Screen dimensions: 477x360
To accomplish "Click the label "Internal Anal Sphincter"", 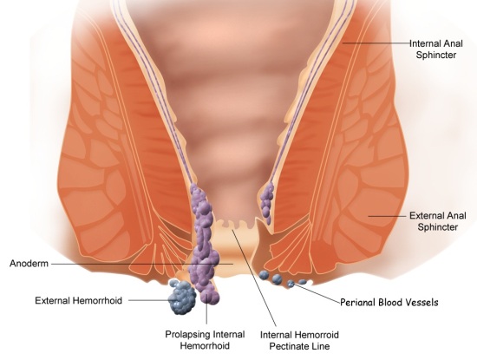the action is coord(436,49).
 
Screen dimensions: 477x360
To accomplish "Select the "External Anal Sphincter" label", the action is coord(437,221).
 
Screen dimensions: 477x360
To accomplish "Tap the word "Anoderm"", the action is coord(29,263).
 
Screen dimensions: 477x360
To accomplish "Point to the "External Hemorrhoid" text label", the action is coord(78,301).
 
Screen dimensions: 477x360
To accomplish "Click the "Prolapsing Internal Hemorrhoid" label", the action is coord(205,340).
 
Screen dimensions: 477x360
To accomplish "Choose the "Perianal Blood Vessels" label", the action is coord(389,303).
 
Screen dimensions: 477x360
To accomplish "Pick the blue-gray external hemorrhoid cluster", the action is coord(182,298).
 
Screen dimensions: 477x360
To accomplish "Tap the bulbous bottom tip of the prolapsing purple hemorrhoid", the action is coord(209,296).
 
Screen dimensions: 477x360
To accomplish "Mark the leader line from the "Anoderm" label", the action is coord(142,264).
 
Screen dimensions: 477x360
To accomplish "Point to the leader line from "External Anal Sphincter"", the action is coord(388,216).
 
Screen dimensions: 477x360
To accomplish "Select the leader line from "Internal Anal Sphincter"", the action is coord(376,43).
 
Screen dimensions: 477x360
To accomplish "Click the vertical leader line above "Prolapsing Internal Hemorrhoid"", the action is coord(206,313).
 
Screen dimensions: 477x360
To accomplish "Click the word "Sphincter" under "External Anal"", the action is coord(437,227).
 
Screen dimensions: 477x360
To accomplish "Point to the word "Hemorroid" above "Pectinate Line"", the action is coord(316,335).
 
